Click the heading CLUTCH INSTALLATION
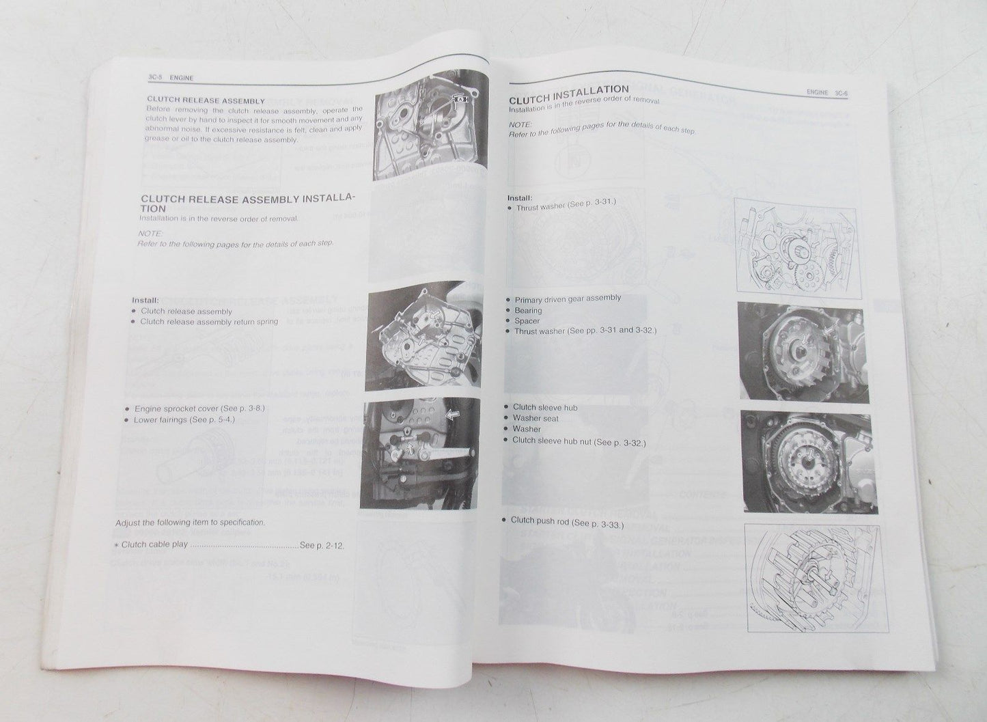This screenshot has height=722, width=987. pos(569,90)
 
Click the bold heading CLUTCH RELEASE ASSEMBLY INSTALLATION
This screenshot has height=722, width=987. pos(247,203)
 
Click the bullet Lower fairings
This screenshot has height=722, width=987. pos(184,419)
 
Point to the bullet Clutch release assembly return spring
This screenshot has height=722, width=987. pos(209,322)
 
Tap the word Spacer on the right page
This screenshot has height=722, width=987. pos(527,321)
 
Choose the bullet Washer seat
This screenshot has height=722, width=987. pos(536,418)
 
